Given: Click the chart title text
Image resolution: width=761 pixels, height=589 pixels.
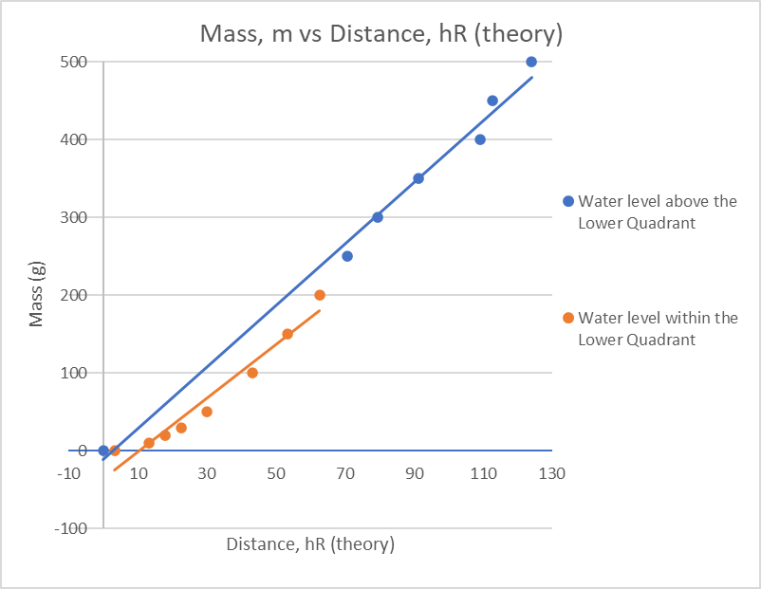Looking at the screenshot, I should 380,35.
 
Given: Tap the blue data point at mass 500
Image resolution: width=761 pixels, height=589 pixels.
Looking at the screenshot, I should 531,62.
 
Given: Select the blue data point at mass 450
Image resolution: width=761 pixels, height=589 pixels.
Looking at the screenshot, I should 492,101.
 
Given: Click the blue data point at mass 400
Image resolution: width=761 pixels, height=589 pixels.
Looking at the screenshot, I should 480,139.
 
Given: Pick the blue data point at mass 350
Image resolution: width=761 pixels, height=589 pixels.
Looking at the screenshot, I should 418,178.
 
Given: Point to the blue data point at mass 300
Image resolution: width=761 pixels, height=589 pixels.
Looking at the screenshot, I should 378,217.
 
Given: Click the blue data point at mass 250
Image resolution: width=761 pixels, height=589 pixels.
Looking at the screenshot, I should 347,256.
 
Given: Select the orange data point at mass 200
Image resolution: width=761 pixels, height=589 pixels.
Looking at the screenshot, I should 320,295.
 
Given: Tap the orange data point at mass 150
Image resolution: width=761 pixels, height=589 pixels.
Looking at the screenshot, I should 288,334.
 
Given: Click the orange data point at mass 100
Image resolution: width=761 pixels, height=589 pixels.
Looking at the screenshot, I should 252,373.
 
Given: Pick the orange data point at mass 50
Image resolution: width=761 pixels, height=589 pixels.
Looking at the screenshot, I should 207,412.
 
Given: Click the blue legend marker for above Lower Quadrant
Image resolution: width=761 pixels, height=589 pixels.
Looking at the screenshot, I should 568,201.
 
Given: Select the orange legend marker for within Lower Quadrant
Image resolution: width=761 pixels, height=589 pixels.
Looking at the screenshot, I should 568,318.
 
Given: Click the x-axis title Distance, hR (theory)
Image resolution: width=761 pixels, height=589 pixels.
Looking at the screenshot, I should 310,544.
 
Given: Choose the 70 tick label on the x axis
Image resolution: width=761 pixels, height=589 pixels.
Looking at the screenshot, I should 345,473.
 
